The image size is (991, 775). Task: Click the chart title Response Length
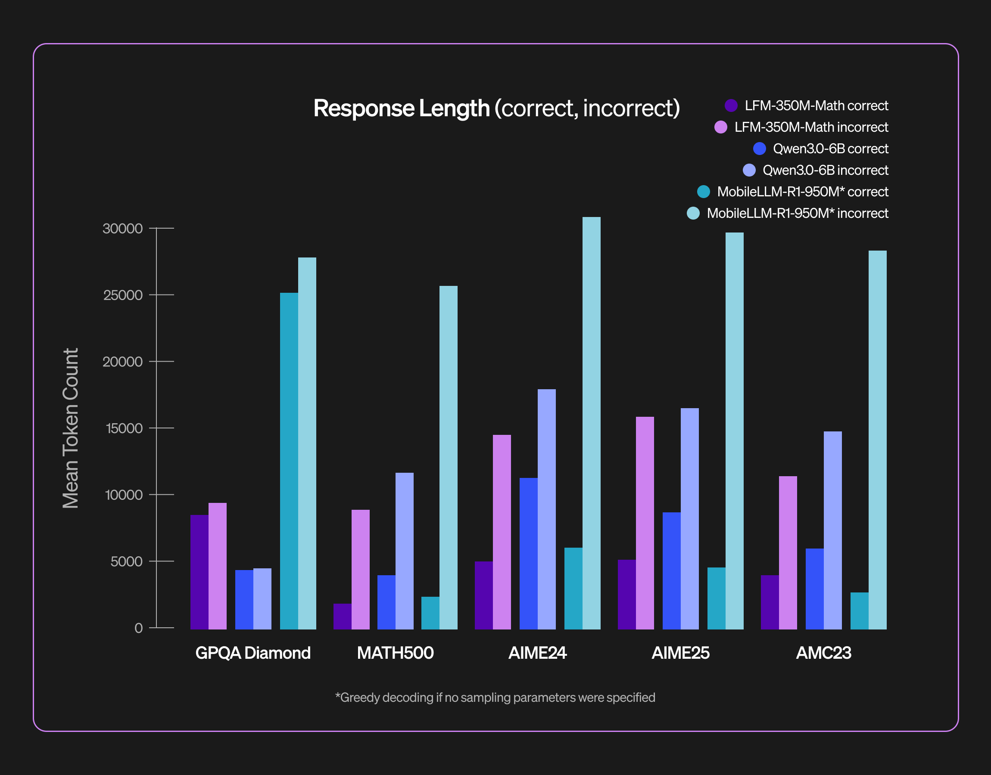[x=496, y=108]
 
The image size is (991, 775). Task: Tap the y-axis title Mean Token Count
[x=71, y=428]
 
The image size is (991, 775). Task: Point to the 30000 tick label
[x=122, y=229]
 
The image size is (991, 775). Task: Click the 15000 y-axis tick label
[x=124, y=428]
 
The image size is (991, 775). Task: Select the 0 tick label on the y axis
[x=138, y=628]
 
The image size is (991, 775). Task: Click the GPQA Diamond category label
[x=253, y=653]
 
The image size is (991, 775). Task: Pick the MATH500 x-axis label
[x=395, y=653]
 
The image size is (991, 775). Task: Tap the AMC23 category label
[x=823, y=653]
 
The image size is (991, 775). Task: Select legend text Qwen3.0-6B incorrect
[x=825, y=170]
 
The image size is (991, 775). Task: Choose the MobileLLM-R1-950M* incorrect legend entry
[x=797, y=213]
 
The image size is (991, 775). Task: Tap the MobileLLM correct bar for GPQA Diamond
[x=289, y=461]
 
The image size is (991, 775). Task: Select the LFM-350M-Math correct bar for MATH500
[x=342, y=616]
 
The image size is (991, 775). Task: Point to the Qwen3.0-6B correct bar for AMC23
[x=814, y=589]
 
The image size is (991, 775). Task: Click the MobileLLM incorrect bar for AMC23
[x=877, y=440]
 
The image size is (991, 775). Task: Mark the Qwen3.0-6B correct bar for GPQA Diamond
[x=244, y=599]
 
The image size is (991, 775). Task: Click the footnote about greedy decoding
[x=495, y=697]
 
